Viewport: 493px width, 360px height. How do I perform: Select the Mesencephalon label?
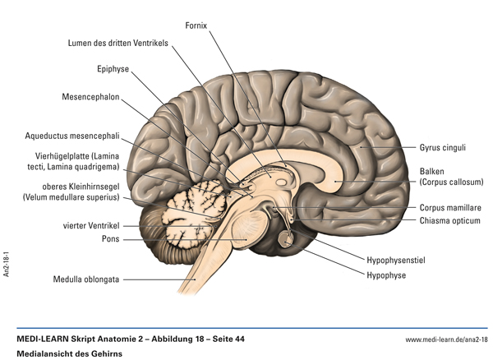(91, 97)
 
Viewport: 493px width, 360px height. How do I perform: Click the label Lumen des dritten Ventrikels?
(118, 42)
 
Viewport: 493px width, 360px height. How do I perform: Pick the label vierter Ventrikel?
(92, 224)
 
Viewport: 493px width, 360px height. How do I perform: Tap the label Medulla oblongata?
(87, 279)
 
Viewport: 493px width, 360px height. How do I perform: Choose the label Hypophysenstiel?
(395, 261)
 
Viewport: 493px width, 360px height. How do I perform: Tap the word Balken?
(432, 172)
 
